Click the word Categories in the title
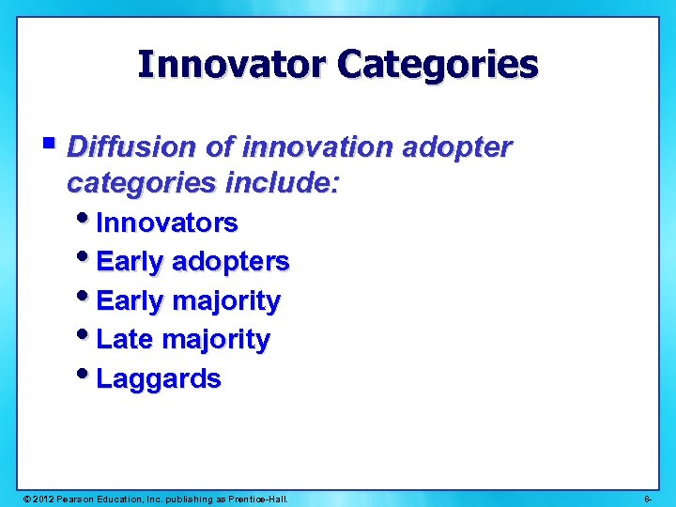[x=438, y=65]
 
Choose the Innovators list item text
[x=167, y=223]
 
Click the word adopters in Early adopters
[x=231, y=262]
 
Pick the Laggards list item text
[x=159, y=379]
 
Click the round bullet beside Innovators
[x=86, y=220]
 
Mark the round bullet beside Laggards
[x=86, y=376]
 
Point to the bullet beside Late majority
[x=86, y=336]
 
